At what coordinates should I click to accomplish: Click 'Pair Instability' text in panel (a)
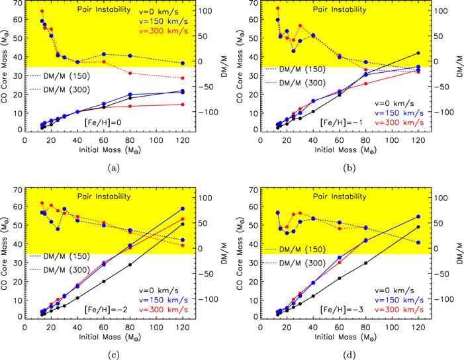pyautogui.click(x=106, y=11)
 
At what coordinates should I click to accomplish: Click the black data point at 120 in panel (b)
pyautogui.click(x=418, y=53)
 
